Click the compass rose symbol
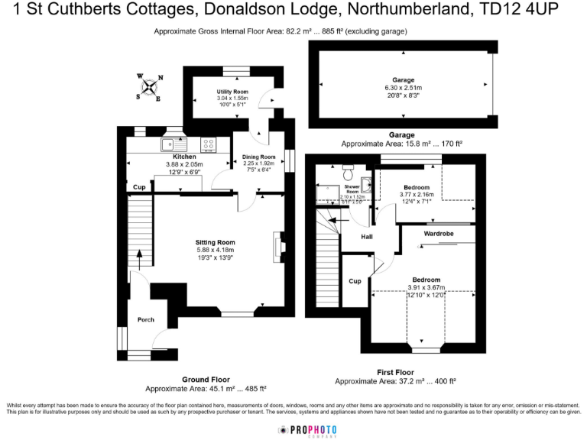point(148,86)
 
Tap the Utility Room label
point(229,92)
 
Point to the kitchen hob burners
point(208,143)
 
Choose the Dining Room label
point(258,157)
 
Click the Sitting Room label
point(215,242)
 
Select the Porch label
point(145,320)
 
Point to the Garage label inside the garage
point(403,79)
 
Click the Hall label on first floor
point(356,237)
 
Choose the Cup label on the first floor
point(355,280)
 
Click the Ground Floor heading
point(206,380)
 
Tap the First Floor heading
point(395,372)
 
